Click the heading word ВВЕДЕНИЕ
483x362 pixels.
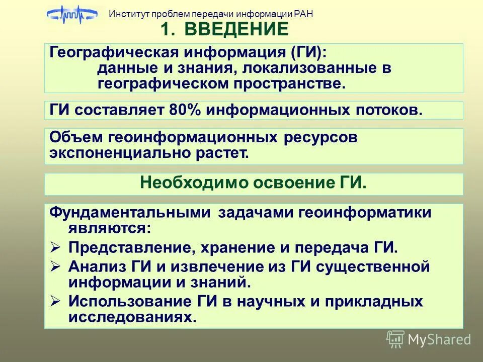point(236,30)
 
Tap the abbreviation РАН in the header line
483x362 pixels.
point(302,14)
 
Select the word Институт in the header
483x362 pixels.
point(126,14)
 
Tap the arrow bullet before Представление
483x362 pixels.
point(56,247)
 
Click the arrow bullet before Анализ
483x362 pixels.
point(56,266)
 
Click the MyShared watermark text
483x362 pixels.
point(439,339)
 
